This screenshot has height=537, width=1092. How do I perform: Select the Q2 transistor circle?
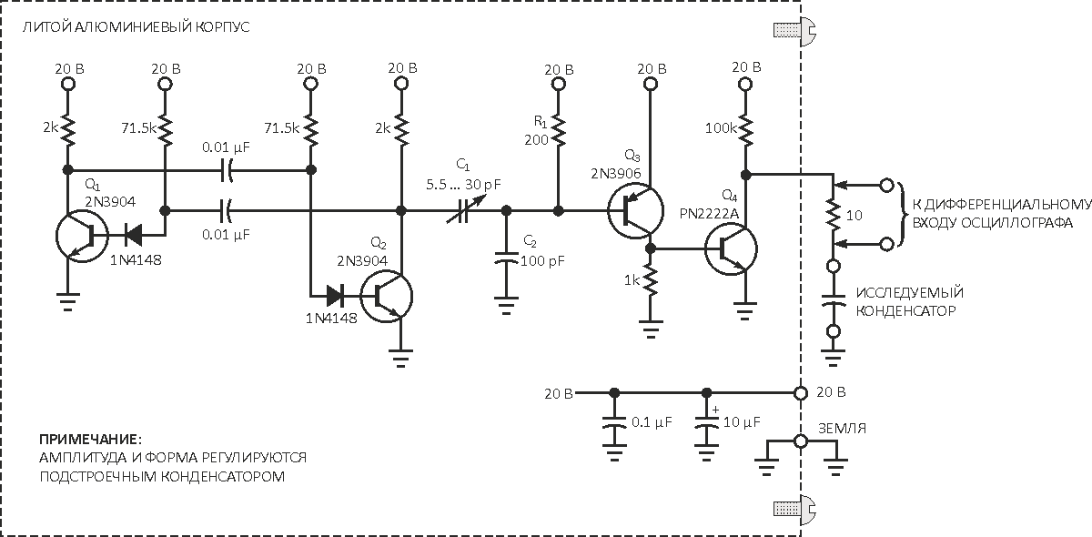387,295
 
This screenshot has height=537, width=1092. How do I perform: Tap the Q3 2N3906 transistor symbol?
635,210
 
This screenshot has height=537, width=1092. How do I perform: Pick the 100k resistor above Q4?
745,129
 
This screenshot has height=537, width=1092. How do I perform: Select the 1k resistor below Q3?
650,281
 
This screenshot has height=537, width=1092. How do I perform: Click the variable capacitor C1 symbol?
461,210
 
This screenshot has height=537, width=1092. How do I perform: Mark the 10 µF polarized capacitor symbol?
705,424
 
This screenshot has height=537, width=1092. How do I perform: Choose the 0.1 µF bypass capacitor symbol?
614,424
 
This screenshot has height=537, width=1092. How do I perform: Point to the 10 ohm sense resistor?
832,215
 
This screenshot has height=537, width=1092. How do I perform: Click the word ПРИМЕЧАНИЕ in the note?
91,437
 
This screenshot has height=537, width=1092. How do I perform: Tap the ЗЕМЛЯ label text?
840,428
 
